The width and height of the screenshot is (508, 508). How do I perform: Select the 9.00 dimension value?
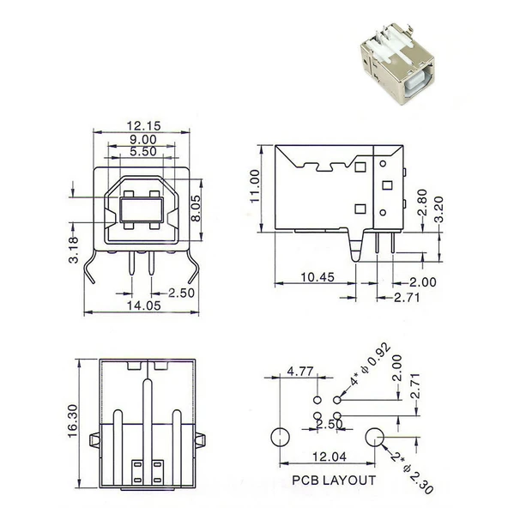coord(142,139)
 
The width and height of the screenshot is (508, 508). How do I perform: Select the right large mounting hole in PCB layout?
coord(375,437)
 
